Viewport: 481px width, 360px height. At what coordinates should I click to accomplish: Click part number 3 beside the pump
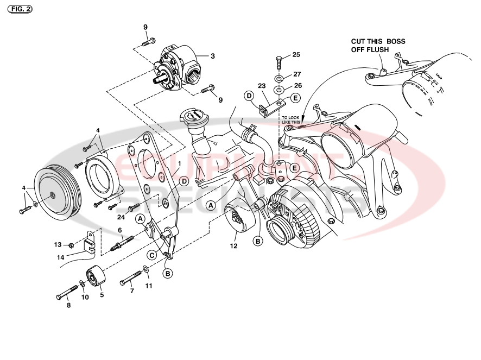213,56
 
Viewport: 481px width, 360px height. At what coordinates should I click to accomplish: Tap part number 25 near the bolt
296,55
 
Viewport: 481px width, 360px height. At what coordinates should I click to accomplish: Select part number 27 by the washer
297,74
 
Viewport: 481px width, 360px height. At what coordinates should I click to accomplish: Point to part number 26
296,85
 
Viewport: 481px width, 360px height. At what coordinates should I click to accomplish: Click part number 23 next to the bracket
261,85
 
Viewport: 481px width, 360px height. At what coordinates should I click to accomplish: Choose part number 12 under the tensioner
234,246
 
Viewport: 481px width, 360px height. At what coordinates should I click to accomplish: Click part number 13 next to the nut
72,245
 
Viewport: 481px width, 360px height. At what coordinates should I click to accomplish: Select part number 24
121,216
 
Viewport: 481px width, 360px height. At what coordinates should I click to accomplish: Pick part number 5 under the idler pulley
102,295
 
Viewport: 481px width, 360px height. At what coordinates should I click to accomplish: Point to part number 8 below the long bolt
68,306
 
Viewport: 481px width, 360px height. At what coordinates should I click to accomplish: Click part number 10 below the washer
85,297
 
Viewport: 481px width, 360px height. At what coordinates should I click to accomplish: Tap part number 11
148,286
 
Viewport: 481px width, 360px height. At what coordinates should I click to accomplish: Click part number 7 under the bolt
132,291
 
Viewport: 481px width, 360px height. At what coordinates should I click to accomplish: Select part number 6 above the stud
120,230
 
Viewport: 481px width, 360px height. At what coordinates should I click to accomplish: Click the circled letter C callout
153,254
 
